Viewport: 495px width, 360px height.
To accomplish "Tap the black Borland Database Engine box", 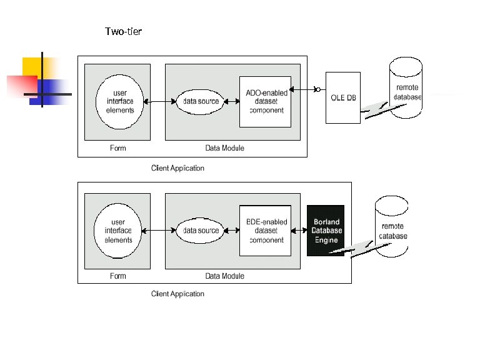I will (326, 230).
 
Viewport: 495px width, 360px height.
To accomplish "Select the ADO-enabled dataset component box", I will (266, 101).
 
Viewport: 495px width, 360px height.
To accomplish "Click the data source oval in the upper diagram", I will (201, 101).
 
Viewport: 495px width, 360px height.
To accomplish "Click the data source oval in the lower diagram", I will (201, 231).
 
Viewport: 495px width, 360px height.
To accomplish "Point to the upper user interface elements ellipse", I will (119, 101).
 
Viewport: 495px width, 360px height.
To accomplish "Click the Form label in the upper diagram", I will (117, 148).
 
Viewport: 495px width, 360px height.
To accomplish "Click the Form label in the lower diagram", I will (117, 276).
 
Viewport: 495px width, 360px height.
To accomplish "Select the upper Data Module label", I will (224, 148).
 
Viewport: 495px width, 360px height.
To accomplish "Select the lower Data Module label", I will (224, 276).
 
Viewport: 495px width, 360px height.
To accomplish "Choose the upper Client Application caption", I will (177, 168).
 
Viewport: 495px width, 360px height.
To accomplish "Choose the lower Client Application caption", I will (177, 294).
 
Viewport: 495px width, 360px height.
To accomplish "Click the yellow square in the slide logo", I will (32, 66).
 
